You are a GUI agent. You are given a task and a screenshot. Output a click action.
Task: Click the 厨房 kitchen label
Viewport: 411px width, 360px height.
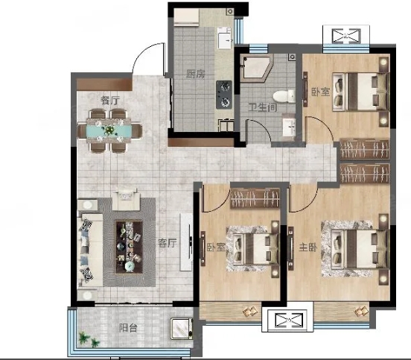(196, 75)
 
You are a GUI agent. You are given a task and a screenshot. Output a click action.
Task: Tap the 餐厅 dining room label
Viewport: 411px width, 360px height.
(110, 100)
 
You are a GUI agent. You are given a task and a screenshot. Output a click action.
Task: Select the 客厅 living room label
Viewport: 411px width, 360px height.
(168, 243)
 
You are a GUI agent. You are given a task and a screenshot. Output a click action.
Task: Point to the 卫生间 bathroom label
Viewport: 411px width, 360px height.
(263, 107)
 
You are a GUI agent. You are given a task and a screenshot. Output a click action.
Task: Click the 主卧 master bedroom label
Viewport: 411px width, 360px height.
(308, 247)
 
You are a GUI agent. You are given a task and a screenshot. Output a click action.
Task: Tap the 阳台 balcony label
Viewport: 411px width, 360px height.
(128, 328)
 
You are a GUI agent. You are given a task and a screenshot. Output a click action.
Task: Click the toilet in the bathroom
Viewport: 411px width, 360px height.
(284, 96)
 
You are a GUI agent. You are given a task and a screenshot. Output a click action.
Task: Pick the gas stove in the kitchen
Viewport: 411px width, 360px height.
(224, 95)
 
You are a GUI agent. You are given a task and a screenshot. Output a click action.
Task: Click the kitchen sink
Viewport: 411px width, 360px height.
(225, 38)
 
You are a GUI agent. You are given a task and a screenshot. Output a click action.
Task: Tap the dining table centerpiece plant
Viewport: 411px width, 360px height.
(108, 130)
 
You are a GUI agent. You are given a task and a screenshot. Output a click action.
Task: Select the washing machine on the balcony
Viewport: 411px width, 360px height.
(182, 328)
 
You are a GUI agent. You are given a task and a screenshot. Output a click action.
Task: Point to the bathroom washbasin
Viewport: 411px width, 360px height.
(289, 127)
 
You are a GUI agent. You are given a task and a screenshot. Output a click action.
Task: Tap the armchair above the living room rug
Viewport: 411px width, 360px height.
(126, 200)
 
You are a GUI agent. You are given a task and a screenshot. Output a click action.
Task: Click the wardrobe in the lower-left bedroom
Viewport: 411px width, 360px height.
(255, 198)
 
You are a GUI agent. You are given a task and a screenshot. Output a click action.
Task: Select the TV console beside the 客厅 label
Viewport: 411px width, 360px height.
(186, 242)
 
